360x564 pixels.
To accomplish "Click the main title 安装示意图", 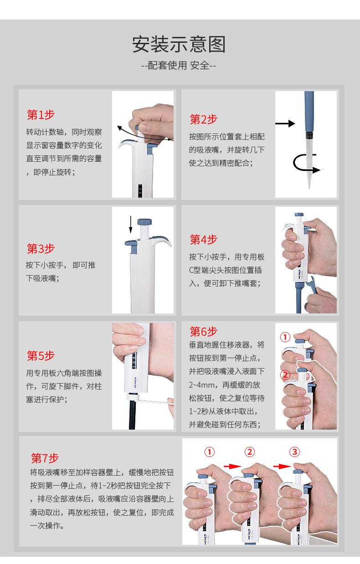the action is (x=179, y=44).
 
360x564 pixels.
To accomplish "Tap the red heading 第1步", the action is (x=41, y=115).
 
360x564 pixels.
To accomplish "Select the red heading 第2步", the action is (x=204, y=119).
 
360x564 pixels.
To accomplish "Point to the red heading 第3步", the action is (x=41, y=248).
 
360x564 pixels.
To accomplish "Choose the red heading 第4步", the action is (x=204, y=240).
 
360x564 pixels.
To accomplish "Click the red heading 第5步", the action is (x=41, y=356).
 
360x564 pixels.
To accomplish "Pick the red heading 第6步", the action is (x=204, y=332).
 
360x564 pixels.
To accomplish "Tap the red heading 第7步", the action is (x=45, y=458).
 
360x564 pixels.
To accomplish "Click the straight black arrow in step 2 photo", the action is (x=285, y=123).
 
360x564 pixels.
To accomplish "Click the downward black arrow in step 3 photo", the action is (x=130, y=224).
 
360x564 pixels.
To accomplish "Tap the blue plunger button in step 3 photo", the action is (x=144, y=222).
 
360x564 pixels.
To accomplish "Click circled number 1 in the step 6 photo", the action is (x=285, y=337).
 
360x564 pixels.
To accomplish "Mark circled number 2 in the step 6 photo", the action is (x=285, y=375).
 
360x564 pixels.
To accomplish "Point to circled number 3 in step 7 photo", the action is (x=294, y=452).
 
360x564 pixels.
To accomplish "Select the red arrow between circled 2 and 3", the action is (x=282, y=467).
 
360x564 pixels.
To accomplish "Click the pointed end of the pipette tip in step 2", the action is (x=309, y=188).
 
